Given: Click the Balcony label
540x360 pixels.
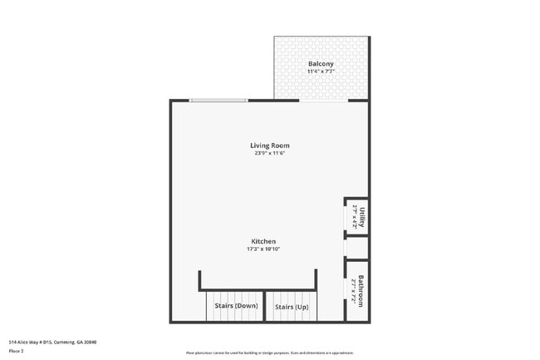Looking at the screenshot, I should [321, 64].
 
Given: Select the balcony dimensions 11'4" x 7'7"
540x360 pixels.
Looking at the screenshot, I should [321, 72].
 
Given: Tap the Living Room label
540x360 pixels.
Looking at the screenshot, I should [270, 145].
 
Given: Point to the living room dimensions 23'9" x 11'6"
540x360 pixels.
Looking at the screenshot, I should [270, 153].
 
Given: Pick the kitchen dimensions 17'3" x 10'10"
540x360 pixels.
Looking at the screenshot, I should [263, 249].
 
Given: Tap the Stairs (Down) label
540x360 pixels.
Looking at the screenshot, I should [236, 306].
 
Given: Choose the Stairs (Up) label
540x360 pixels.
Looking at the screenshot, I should [292, 306].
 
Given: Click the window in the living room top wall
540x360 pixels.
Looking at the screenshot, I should [218, 101].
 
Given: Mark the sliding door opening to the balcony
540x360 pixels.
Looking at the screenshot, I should [324, 101].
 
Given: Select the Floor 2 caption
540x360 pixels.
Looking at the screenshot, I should [17, 351].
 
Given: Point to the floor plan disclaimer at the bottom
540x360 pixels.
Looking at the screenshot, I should [270, 353].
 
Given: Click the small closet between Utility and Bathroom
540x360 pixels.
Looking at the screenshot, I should [357, 248].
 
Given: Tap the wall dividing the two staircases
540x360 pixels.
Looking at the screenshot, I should [264, 306].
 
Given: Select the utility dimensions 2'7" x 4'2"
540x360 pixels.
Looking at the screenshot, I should [354, 217].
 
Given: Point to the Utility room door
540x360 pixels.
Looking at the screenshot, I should [346, 217].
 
